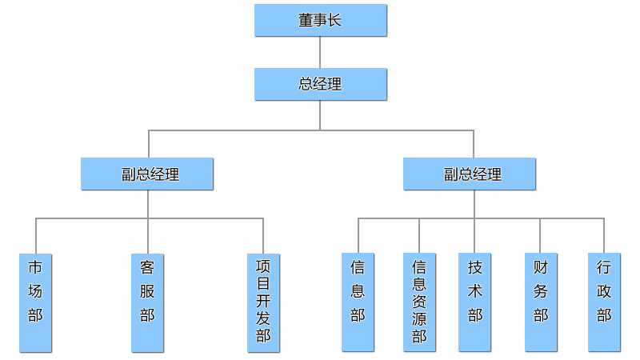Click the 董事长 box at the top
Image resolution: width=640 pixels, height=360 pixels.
click(x=320, y=20)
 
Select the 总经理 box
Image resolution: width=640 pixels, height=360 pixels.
click(x=320, y=84)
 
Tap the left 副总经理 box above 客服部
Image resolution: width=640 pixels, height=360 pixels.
click(x=147, y=174)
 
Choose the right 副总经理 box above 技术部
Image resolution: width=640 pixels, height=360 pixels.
click(x=470, y=174)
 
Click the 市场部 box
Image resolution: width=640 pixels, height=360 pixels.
click(x=35, y=302)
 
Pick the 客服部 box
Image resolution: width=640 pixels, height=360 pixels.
click(x=147, y=302)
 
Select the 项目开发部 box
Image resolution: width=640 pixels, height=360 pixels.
click(x=263, y=302)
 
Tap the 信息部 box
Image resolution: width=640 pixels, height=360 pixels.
click(x=358, y=302)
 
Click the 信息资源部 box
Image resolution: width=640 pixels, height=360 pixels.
click(x=419, y=302)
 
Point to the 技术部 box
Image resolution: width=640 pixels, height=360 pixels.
click(x=474, y=302)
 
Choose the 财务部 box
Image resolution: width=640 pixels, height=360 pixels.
click(x=541, y=302)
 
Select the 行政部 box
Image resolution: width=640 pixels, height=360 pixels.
click(x=604, y=302)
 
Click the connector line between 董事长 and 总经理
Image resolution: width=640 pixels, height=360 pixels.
click(x=320, y=52)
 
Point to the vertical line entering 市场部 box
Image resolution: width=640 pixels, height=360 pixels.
click(x=35, y=235)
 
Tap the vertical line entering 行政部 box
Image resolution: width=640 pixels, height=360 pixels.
click(x=604, y=235)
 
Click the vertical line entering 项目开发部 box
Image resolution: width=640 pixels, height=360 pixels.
click(x=263, y=235)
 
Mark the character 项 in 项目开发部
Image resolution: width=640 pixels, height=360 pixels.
click(x=263, y=266)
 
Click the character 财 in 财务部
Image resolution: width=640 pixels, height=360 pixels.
click(x=541, y=267)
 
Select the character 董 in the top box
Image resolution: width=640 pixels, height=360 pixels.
click(x=306, y=20)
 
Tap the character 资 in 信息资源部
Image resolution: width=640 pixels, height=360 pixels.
click(x=419, y=302)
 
